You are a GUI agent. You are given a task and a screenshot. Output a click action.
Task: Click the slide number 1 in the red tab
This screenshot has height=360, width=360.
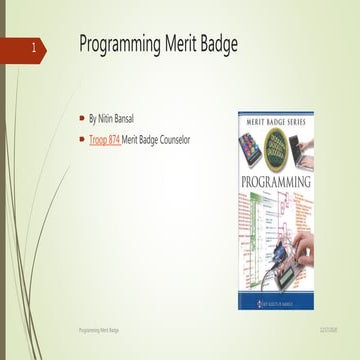pyautogui.click(x=34, y=47)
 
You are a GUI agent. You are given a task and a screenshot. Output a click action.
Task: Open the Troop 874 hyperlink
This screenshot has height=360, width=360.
pyautogui.click(x=104, y=140)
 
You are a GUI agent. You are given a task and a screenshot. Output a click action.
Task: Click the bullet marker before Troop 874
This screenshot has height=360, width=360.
pyautogui.click(x=83, y=140)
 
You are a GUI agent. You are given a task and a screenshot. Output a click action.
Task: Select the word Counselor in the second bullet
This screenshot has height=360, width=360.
pyautogui.click(x=169, y=140)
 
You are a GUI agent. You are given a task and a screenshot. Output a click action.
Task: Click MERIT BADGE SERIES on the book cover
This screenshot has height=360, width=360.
pyautogui.click(x=274, y=118)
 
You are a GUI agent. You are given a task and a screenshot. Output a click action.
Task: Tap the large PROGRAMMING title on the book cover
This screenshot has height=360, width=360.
pyautogui.click(x=274, y=183)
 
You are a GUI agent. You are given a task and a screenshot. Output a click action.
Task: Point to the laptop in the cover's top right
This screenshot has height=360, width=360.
pyautogui.click(x=299, y=148)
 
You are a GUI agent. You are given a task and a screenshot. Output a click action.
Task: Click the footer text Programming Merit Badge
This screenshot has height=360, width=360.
pyautogui.click(x=98, y=327)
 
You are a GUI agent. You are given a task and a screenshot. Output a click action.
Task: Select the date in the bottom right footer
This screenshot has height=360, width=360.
pyautogui.click(x=327, y=327)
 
